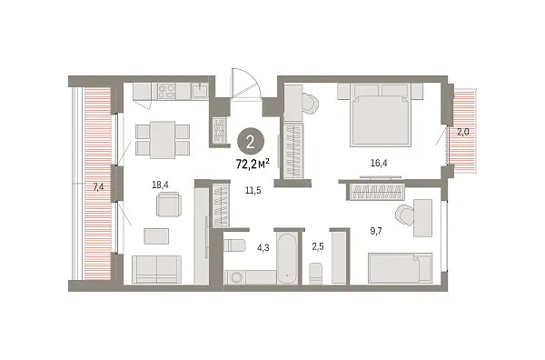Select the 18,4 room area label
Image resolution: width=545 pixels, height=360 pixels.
point(161,185)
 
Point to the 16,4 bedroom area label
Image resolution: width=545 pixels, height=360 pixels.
point(381,164)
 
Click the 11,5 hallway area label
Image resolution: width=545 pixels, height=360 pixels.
point(253,189)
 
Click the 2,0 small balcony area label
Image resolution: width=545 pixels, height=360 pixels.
point(463,133)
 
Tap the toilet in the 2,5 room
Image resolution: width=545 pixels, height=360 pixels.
point(315,273)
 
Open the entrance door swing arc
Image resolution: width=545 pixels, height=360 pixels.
point(243,84)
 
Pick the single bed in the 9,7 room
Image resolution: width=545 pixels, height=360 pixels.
point(400,269)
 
